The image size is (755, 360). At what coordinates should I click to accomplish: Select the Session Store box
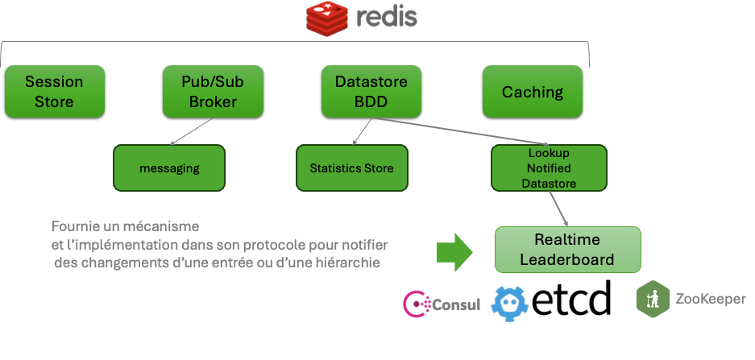coord(54,92)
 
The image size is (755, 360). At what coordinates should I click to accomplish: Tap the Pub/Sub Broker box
coord(213,92)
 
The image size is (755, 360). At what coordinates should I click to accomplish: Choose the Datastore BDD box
coord(371,92)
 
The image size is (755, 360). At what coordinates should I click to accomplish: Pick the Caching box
coord(532,92)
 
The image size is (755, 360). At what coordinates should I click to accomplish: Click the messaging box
coord(169,168)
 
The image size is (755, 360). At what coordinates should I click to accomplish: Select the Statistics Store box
coord(351,168)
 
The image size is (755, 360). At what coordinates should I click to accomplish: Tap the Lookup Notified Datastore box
coord(548,168)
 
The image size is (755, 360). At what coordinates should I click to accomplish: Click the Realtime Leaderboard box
coord(567,250)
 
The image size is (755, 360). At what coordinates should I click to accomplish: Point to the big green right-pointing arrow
coord(456,251)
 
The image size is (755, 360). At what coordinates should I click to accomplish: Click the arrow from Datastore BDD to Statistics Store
coord(362,131)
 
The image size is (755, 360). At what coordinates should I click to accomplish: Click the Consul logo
coord(442,304)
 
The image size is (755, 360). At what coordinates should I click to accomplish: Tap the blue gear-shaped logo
coord(510,304)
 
